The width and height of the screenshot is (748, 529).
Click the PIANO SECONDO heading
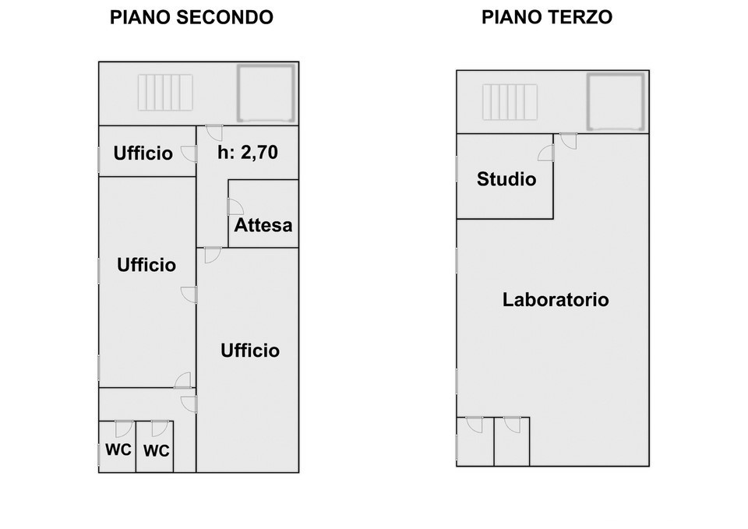tap(192, 17)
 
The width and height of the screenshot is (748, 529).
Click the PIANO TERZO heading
tap(546, 16)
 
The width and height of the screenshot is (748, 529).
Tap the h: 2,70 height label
tap(247, 153)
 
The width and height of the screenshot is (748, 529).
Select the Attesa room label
tap(263, 226)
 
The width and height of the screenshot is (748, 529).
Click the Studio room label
tap(506, 180)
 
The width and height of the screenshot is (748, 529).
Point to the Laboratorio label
tap(556, 300)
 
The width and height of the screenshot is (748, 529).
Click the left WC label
tap(118, 450)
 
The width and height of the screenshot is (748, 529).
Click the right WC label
tap(157, 451)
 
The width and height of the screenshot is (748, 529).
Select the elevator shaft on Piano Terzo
tap(616, 101)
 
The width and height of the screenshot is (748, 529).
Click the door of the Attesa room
tap(235, 206)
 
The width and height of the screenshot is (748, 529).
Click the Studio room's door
tap(546, 153)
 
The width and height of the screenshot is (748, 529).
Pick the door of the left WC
tap(122, 428)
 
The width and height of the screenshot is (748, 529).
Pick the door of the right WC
tap(160, 428)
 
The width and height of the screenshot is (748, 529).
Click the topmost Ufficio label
tap(143, 153)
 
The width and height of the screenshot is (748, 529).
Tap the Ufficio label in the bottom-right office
tap(249, 351)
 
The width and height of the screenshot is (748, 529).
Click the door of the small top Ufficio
tap(189, 153)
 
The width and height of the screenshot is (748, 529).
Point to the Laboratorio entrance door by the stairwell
tap(568, 141)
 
